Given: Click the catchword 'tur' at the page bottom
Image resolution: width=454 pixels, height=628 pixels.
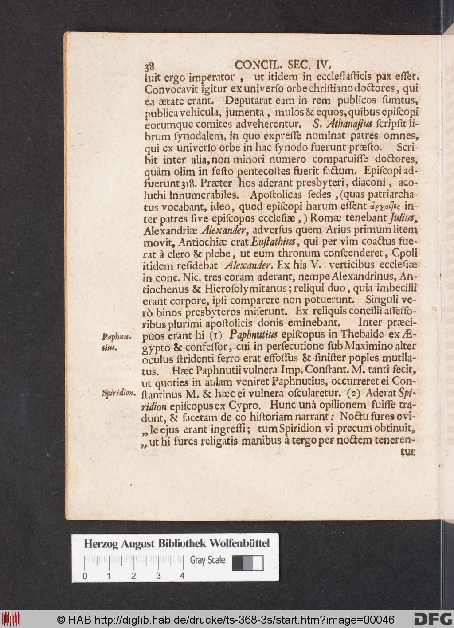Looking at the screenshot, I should pos(408,452).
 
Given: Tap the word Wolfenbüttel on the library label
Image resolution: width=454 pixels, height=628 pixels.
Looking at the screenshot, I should pos(240,543).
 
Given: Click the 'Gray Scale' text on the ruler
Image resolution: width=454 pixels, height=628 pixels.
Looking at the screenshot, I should pos(207,560).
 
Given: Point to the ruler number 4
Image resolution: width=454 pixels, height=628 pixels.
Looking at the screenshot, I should pos(181,576).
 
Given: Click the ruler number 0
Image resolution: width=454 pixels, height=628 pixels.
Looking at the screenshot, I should pos(84,576).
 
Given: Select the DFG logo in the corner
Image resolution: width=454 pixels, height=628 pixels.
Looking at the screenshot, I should pos(432,618).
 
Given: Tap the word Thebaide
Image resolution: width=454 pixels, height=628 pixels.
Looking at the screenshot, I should pos(335,335).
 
